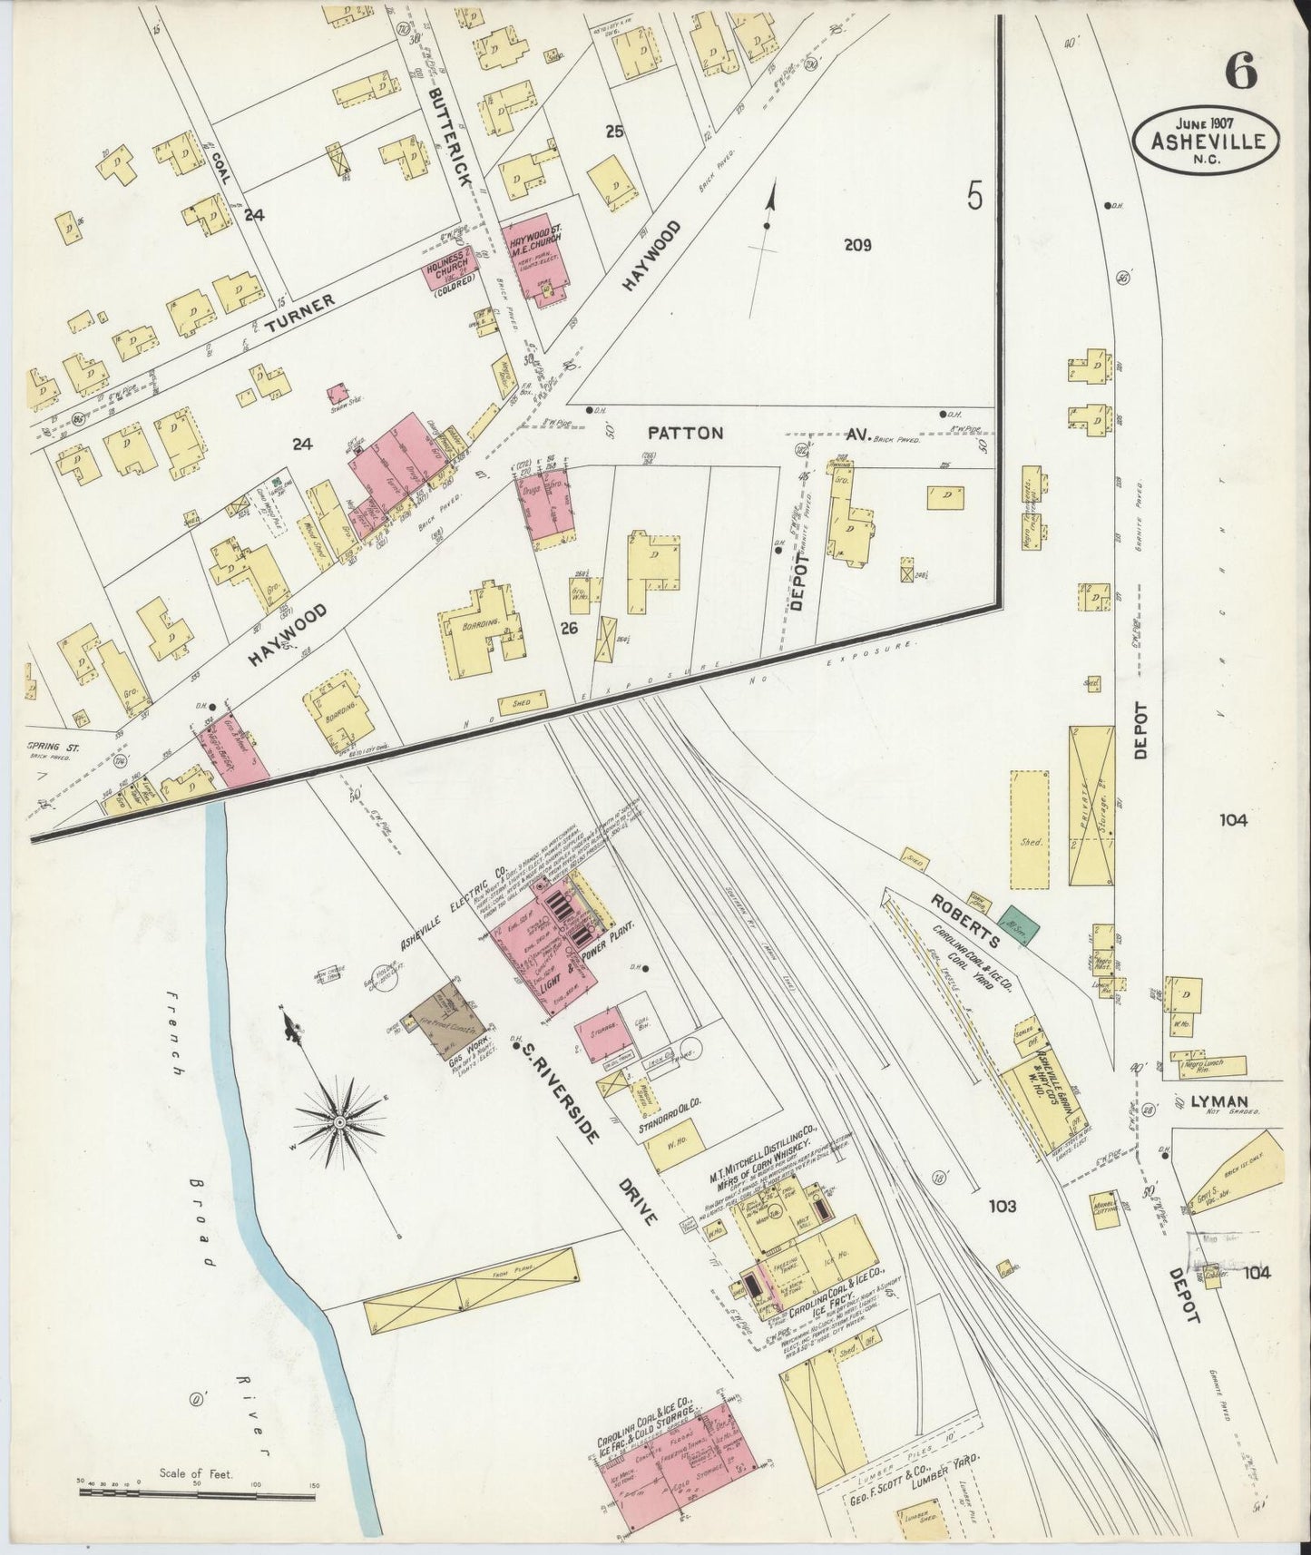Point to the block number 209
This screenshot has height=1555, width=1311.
tap(856, 244)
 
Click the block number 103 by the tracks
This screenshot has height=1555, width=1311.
tap(1003, 1206)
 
